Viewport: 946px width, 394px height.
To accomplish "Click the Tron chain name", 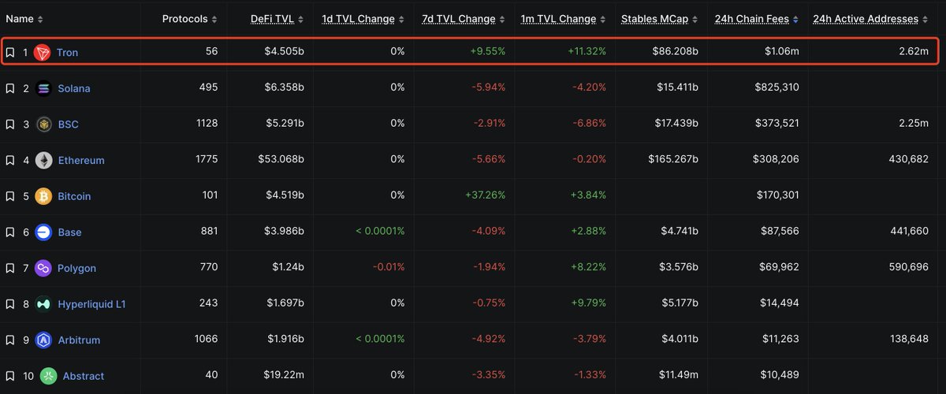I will tap(67, 53).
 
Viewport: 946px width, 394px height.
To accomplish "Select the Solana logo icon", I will tap(44, 88).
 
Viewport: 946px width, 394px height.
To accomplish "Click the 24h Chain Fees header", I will tap(752, 19).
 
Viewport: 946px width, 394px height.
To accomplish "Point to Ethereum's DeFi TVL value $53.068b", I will tap(281, 160).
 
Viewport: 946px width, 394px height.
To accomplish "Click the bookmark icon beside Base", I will tap(10, 232).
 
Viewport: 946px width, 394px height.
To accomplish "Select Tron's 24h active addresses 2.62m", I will tap(912, 52).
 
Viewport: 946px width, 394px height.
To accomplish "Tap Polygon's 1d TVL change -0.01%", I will tap(388, 268).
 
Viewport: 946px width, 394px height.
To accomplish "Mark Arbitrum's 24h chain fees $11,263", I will tap(776, 340).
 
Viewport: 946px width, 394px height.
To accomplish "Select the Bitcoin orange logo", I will tap(44, 196).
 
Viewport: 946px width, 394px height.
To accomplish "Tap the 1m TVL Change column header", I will tap(558, 19).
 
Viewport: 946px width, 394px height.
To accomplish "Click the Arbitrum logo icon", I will tap(44, 340).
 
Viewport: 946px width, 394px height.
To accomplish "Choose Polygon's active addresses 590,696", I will tap(901, 268).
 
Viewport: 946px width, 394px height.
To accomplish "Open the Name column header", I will tap(20, 19).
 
